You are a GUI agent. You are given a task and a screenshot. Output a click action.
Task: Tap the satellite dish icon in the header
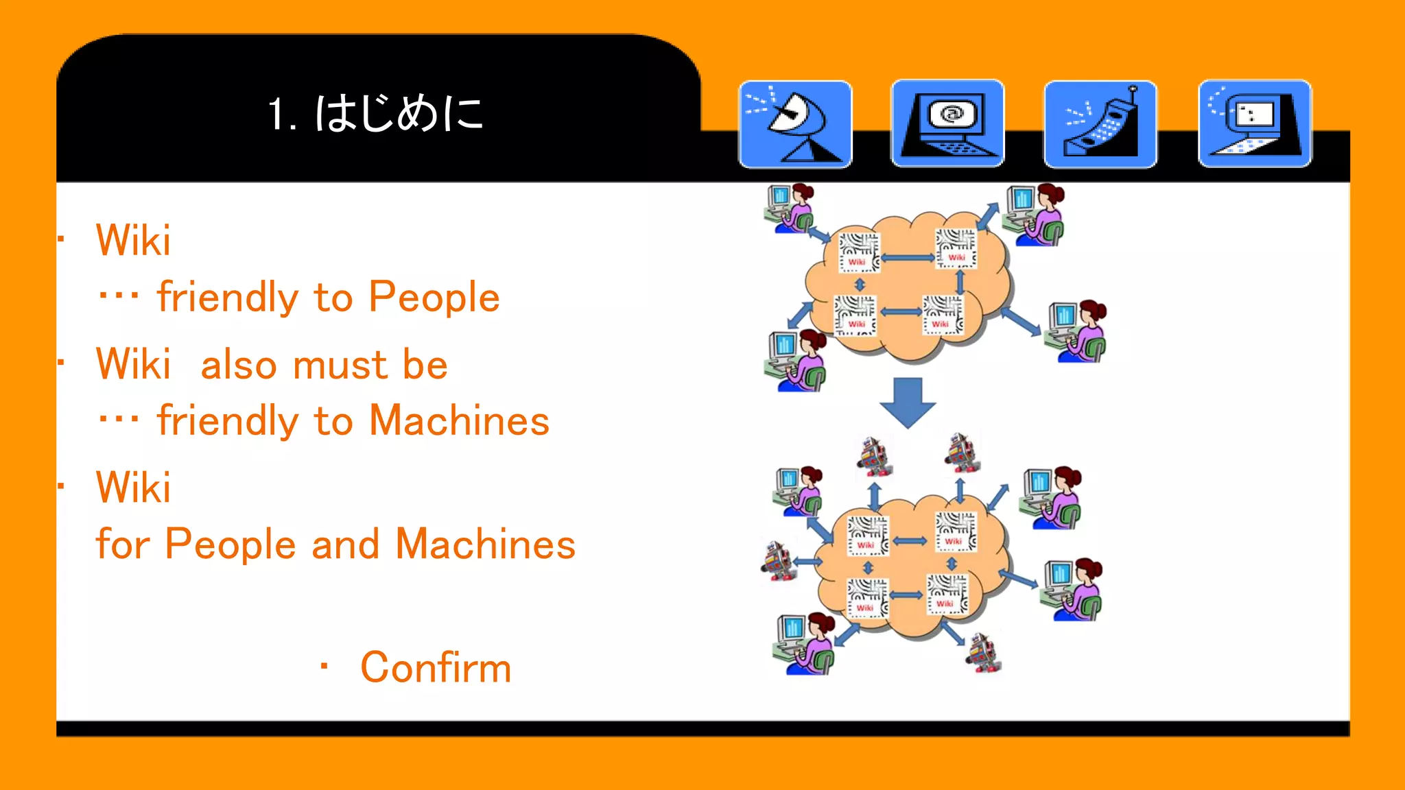(795, 124)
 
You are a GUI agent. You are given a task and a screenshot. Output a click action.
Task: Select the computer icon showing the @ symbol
(947, 123)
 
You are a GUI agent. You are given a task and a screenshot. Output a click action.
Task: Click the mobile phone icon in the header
(1100, 124)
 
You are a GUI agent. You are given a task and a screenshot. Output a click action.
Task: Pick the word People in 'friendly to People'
(434, 297)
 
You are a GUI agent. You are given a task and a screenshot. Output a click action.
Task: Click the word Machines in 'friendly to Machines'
(459, 420)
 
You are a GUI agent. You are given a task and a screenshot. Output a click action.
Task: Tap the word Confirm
(436, 667)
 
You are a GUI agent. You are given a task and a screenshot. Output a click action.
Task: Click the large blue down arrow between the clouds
(908, 402)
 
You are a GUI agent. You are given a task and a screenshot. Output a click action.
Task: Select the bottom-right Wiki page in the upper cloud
(943, 315)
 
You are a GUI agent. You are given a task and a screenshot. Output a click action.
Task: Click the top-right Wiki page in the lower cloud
(954, 531)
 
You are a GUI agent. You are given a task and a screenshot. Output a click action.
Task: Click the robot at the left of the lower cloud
(778, 561)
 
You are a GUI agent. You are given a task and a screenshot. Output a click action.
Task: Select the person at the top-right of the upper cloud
(1034, 214)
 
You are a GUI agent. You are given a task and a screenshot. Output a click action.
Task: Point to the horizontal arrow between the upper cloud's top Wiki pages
(907, 258)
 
